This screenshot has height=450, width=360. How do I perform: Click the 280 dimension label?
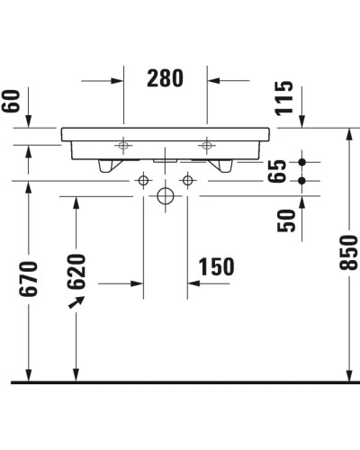pos(165,79)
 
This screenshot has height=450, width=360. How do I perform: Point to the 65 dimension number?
pos(278,171)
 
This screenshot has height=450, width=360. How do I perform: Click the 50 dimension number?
pos(287,220)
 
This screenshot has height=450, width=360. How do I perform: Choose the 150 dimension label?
pos(215,266)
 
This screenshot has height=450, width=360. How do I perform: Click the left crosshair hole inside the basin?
pos(122,144)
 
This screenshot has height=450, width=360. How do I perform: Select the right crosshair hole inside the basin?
pos(207,144)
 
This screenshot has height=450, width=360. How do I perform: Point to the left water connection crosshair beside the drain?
pos(143,181)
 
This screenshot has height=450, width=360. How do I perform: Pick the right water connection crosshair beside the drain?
pos(187,181)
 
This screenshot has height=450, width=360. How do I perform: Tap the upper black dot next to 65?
pos(302,162)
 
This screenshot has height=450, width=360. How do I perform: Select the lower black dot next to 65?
pos(302,180)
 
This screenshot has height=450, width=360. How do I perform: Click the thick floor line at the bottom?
pos(180,382)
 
